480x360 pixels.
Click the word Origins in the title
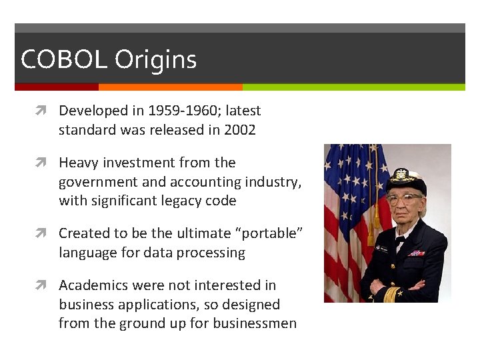pos(155,61)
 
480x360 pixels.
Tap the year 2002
pos(240,130)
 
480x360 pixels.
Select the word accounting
pos(208,182)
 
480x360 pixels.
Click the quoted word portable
pos(270,234)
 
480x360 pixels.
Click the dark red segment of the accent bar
pos(57,87)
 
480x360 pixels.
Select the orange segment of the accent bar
pos(170,87)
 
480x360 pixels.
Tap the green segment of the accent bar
pos(353,87)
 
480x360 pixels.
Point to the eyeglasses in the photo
pos(404,197)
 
